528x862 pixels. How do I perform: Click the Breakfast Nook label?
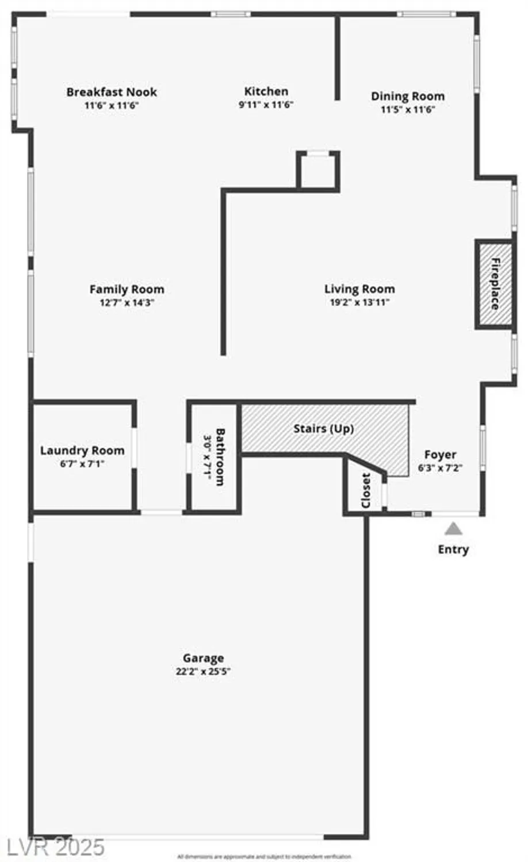[x=112, y=92]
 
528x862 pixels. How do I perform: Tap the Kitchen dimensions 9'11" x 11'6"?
[x=266, y=105]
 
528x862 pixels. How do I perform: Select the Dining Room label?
[x=407, y=96]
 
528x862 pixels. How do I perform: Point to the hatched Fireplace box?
[x=494, y=285]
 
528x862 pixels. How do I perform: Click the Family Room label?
[x=127, y=289]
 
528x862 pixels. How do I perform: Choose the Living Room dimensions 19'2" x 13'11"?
[x=359, y=302]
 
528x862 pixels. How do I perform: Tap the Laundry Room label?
[x=82, y=451]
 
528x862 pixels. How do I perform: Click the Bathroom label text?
[x=220, y=457]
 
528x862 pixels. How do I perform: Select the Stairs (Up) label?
[x=323, y=429]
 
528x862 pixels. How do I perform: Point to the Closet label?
[x=366, y=490]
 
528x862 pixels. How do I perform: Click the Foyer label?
[x=440, y=455]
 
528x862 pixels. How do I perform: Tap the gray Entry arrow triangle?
[x=453, y=529]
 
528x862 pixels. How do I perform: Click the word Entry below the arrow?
[x=453, y=549]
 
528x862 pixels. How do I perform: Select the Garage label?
[x=203, y=658]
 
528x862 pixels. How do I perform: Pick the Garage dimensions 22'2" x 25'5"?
[x=203, y=671]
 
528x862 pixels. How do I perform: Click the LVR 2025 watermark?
[x=56, y=846]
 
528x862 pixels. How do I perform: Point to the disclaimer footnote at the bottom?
[x=264, y=857]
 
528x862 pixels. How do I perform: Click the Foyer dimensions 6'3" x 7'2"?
[x=440, y=468]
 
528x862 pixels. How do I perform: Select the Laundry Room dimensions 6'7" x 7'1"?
[x=82, y=464]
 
